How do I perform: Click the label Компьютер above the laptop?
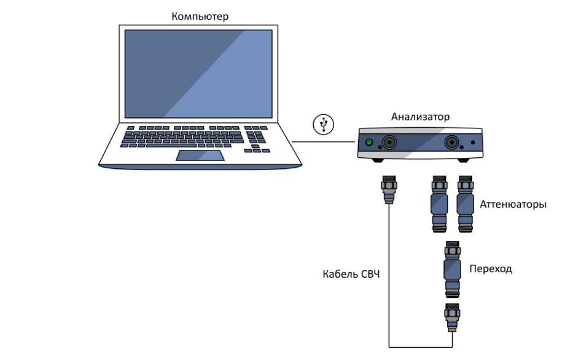[x=200, y=17]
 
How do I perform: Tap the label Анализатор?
[x=420, y=117]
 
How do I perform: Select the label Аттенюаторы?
[x=513, y=204]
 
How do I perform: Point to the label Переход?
[x=491, y=268]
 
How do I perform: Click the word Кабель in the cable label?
[x=340, y=273]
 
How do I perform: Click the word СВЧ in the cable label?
[x=370, y=273]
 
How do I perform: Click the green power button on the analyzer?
[x=368, y=143]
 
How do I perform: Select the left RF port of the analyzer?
[x=388, y=144]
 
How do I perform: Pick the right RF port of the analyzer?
[x=454, y=143]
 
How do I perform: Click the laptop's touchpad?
[x=200, y=155]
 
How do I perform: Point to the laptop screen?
[x=198, y=73]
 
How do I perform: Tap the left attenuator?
[x=439, y=204]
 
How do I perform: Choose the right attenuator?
[x=465, y=204]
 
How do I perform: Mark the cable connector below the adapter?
[x=451, y=317]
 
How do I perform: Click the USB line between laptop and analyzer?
[x=324, y=142]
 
